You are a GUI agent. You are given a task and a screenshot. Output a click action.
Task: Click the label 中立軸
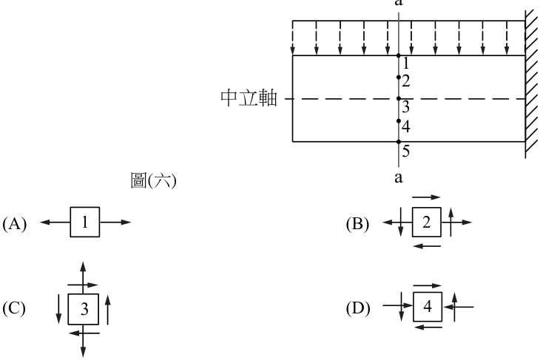[x=249, y=98]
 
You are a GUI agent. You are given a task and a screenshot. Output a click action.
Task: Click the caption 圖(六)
[x=153, y=180]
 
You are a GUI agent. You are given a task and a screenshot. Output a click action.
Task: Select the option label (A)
[x=15, y=224]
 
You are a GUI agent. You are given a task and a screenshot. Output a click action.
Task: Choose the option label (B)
[x=357, y=224]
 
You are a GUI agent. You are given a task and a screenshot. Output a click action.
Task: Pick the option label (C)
[x=14, y=308]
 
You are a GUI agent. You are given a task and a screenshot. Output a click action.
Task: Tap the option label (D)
[x=358, y=308]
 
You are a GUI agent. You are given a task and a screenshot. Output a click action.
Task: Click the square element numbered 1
[x=85, y=222]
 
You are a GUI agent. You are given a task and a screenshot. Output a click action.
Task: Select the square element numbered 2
[x=427, y=222]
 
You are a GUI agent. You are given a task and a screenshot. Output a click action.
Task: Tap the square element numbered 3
[x=84, y=309]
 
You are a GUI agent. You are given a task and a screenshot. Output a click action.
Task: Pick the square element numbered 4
[x=428, y=307]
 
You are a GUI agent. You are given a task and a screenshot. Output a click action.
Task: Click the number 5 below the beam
[x=406, y=152]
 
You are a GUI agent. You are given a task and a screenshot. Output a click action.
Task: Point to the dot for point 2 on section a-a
[x=399, y=78]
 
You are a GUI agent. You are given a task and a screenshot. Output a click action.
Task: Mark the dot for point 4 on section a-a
[x=399, y=120]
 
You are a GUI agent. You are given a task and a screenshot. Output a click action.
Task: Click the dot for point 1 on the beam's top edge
[x=399, y=55]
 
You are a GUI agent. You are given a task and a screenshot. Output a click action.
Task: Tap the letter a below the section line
[x=399, y=177]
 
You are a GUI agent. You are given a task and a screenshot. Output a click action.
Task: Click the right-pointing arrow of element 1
[x=115, y=223]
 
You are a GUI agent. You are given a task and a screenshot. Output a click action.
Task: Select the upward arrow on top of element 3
[x=83, y=277]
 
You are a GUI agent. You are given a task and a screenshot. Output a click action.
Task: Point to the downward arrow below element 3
[x=84, y=341]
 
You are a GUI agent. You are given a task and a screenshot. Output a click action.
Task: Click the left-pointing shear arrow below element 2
[x=427, y=246]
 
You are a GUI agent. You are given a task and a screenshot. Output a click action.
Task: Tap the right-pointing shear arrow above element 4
[x=428, y=285]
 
